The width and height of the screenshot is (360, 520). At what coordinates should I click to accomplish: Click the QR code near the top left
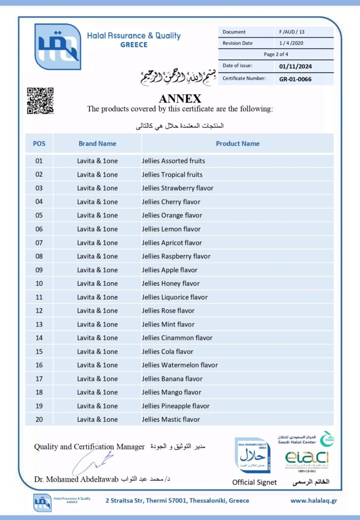[x=40, y=101]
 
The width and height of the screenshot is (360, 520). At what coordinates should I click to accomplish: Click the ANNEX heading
[x=180, y=99]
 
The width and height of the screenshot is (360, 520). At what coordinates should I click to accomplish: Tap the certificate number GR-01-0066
[x=295, y=79]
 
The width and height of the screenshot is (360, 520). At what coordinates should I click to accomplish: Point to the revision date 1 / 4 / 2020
[x=291, y=43]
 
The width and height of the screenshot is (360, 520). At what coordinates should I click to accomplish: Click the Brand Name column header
[x=97, y=144]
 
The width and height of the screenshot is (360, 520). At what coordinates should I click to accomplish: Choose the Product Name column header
[x=237, y=144]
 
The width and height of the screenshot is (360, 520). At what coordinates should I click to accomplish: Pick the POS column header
[x=39, y=144]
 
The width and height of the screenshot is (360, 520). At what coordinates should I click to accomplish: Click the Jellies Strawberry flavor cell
[x=178, y=188]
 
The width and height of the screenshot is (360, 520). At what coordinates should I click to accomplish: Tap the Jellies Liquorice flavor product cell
[x=175, y=297]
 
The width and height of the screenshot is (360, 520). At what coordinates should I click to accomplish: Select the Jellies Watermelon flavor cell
[x=180, y=365]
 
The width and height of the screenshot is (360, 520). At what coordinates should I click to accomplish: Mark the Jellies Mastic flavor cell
[x=171, y=419]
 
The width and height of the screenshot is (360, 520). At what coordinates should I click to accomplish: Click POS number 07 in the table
[x=39, y=243]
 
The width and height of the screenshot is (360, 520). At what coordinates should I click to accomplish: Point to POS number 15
[x=39, y=351]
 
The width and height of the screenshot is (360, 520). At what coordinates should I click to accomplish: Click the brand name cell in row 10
[x=97, y=283]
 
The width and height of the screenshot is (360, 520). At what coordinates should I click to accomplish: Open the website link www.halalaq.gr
[x=313, y=501]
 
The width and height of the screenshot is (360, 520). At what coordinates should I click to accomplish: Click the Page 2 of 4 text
[x=276, y=54]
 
